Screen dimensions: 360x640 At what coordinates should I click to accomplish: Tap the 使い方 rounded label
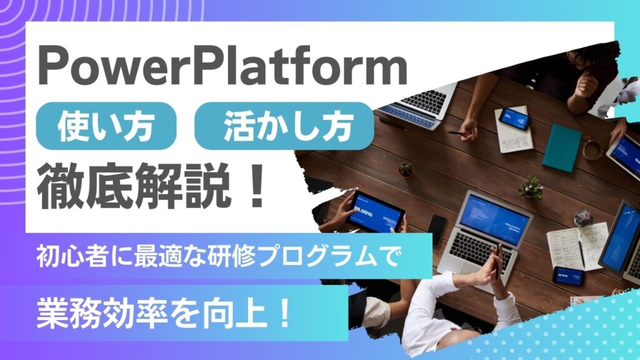(x=106, y=124)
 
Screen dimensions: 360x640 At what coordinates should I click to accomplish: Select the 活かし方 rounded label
(x=284, y=124)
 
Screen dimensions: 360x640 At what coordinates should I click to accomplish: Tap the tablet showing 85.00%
(x=375, y=211)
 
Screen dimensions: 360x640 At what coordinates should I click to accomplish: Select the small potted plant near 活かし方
(x=406, y=169)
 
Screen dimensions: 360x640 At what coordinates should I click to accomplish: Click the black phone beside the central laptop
(x=436, y=226)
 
